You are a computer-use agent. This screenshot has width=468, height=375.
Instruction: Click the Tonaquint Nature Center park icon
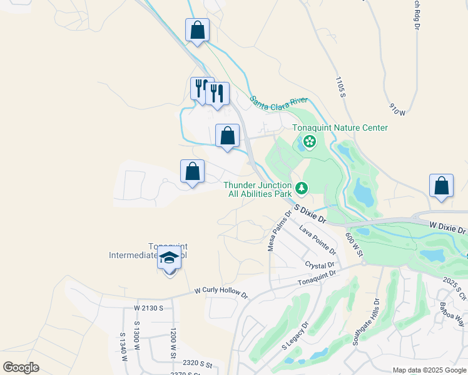(x=309, y=142)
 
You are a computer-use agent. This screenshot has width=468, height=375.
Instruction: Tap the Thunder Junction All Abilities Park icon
(x=302, y=187)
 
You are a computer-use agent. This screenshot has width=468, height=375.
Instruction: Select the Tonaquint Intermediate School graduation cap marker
(x=169, y=257)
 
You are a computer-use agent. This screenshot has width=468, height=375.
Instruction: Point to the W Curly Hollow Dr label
(x=221, y=292)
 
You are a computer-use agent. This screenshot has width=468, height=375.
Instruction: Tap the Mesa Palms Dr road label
(x=280, y=231)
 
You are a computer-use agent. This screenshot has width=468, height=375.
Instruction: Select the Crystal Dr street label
(x=320, y=265)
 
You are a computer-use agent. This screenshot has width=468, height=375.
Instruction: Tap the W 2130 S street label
(x=148, y=307)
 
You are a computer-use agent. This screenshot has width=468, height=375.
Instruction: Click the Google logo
(x=21, y=367)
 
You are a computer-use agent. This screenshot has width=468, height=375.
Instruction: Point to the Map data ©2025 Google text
(x=428, y=370)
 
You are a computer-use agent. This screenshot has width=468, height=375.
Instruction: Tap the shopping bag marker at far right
(x=442, y=186)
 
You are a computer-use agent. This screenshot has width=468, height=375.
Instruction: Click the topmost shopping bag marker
(x=197, y=30)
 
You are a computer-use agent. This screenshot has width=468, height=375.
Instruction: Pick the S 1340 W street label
(x=123, y=347)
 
